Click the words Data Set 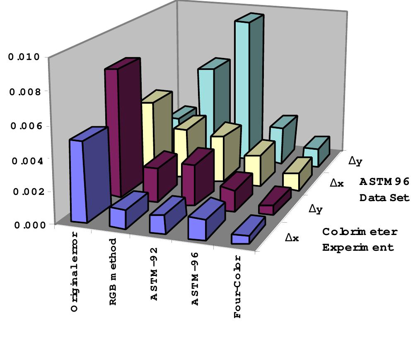(x=384, y=198)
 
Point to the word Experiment (x=358, y=248)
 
